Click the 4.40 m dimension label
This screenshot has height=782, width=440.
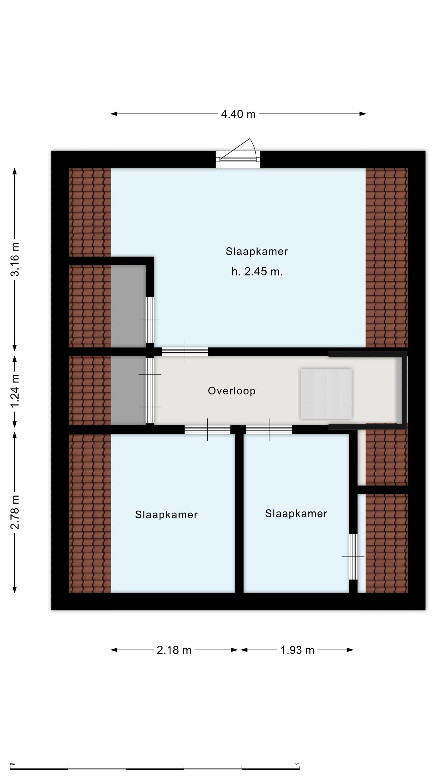pos(238,114)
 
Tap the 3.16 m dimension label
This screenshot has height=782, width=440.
pos(15,259)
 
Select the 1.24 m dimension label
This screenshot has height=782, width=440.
pos(15,391)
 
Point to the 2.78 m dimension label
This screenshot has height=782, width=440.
pos(15,512)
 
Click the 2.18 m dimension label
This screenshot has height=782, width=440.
pos(174,650)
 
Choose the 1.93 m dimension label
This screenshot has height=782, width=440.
pos(297,650)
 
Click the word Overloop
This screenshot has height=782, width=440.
pos(232,391)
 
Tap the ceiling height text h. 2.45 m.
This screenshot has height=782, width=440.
pos(257,271)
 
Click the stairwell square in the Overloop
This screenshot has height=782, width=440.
pos(326,394)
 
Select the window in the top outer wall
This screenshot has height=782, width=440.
pos(238,159)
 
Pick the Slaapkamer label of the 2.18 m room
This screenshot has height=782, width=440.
pos(166,515)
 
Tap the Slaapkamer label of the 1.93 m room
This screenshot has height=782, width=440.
pos(296,513)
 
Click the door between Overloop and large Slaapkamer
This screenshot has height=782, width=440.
pos(185,352)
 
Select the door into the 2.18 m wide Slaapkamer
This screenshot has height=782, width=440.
pos(208,430)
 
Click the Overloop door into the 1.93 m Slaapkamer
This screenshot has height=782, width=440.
pos(269,430)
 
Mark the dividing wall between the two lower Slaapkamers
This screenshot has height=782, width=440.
pos(239,513)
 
